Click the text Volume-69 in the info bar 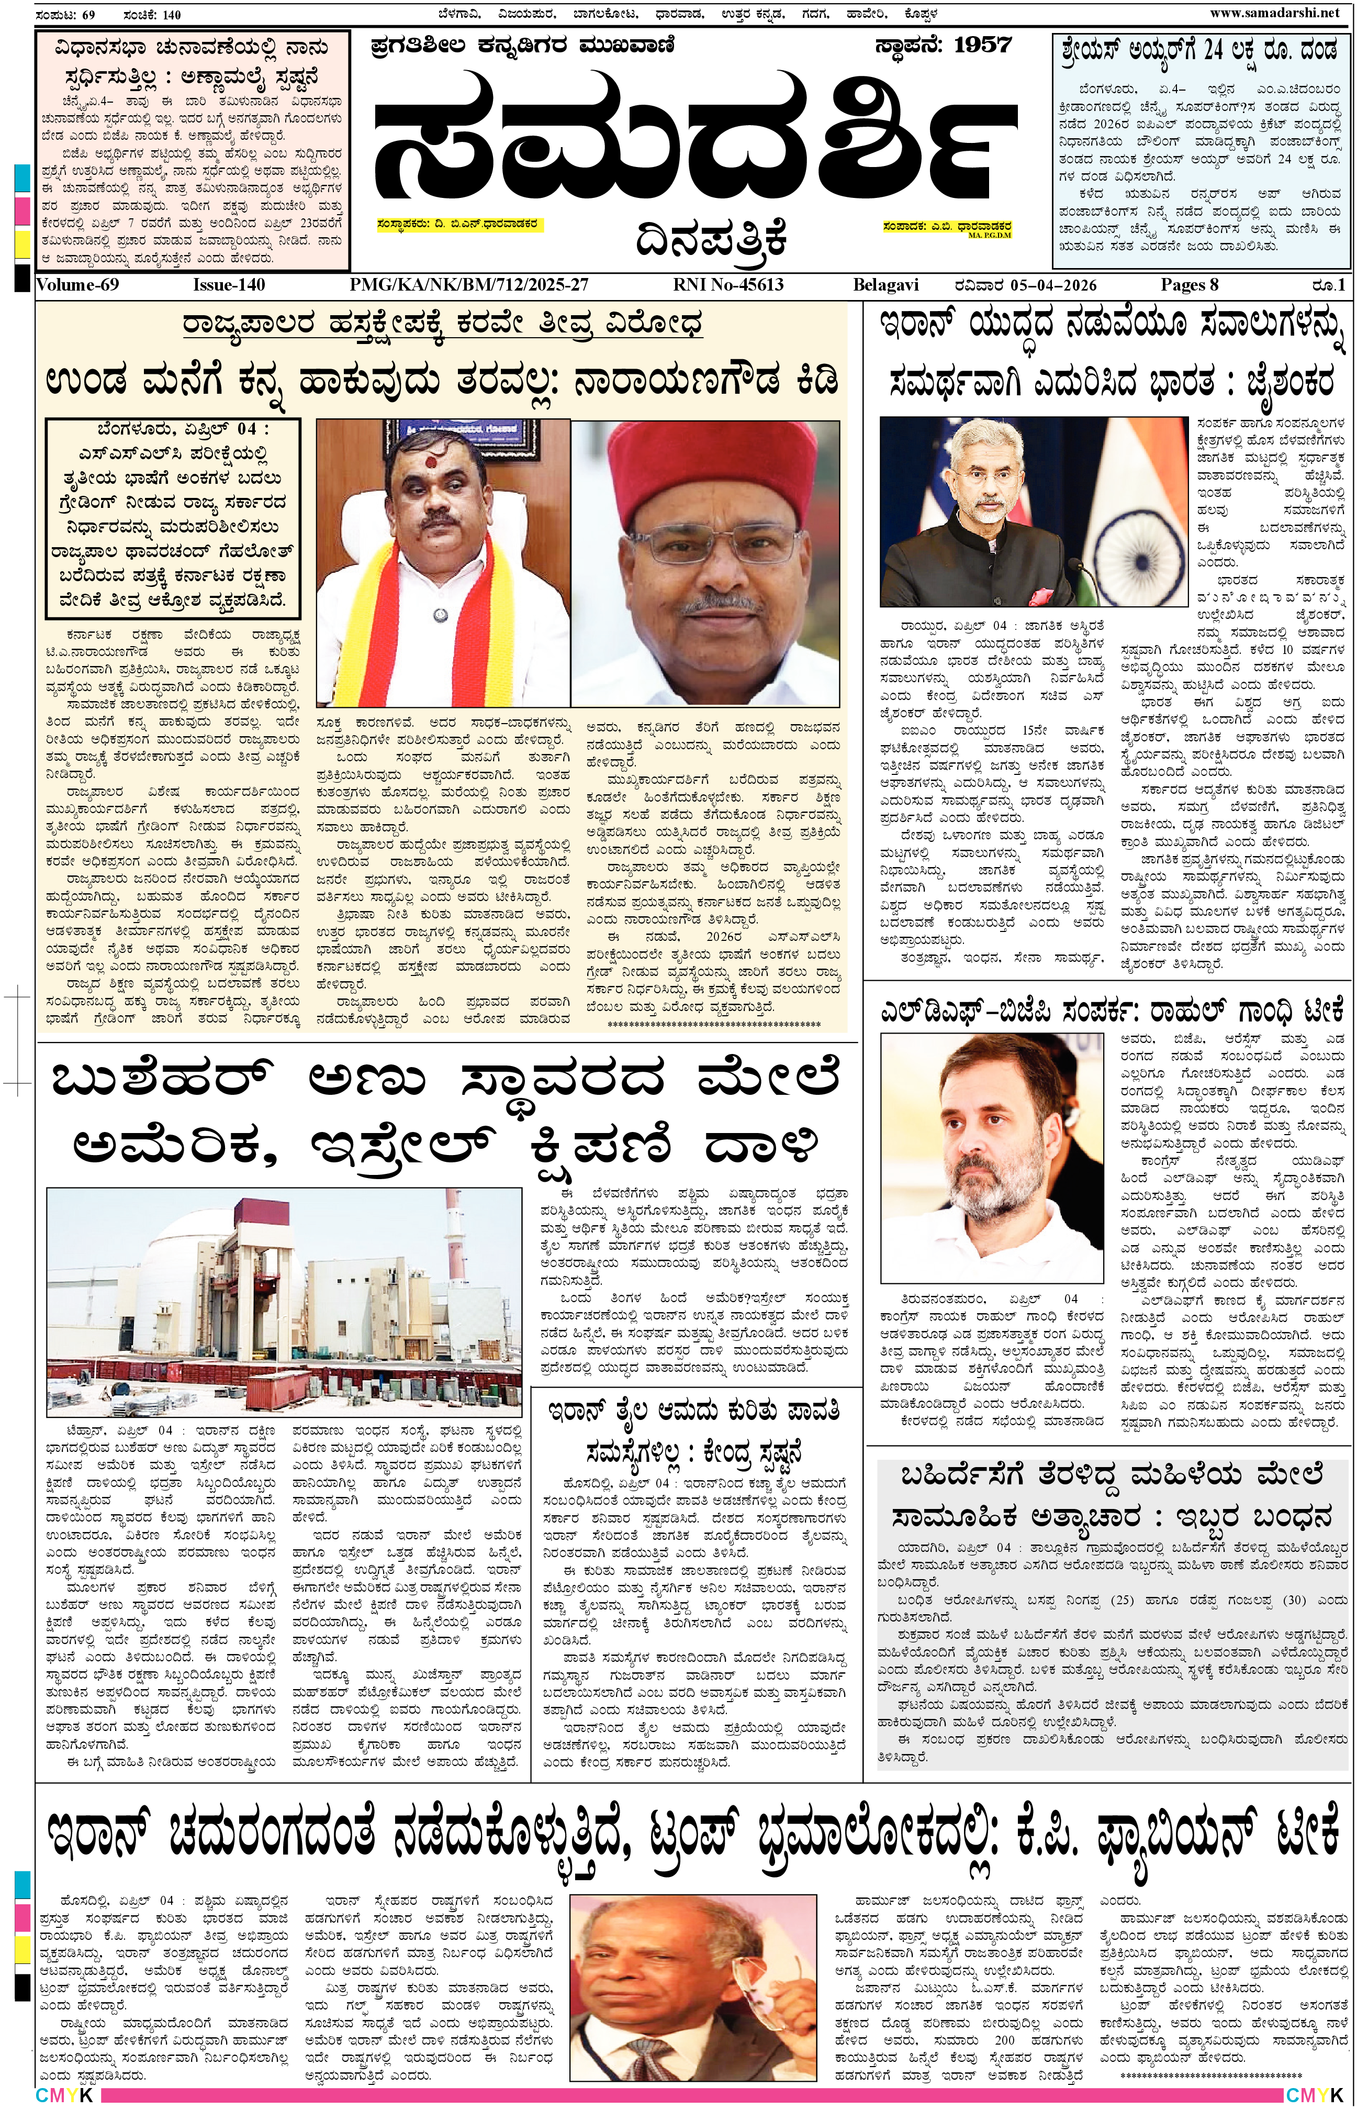click(x=77, y=285)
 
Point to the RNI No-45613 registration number click(x=728, y=285)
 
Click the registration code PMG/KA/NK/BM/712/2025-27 click(x=469, y=285)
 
